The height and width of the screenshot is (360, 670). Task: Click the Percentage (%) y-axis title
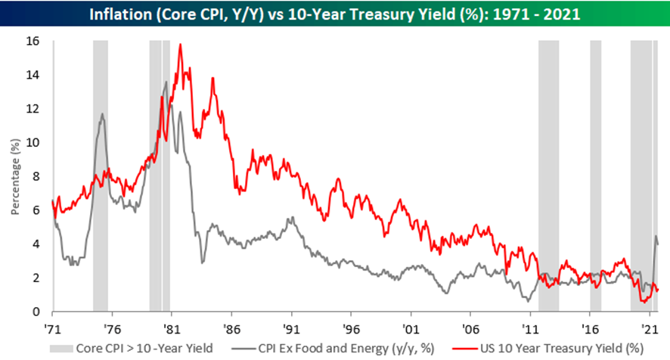(x=15, y=175)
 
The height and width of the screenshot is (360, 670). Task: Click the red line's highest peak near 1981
(x=180, y=45)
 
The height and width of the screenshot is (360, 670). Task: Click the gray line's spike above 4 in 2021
(x=655, y=236)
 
